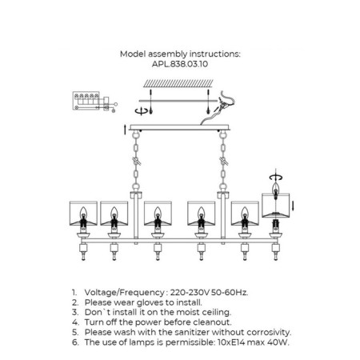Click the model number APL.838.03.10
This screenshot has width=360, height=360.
pyautogui.click(x=180, y=64)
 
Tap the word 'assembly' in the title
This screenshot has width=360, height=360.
pyautogui.click(x=168, y=54)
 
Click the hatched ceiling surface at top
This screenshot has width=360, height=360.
pyautogui.click(x=178, y=84)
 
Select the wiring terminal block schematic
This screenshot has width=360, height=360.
pyautogui.click(x=94, y=102)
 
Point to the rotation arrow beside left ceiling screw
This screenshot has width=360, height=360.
pyautogui.click(x=141, y=111)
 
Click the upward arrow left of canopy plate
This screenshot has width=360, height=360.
pyautogui.click(x=125, y=130)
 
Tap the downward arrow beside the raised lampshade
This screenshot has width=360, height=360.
pyautogui.click(x=293, y=206)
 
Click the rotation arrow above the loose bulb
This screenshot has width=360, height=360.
pyautogui.click(x=276, y=177)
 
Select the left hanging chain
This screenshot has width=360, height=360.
pyautogui.click(x=136, y=162)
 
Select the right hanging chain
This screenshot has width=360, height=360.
pyautogui.click(x=223, y=162)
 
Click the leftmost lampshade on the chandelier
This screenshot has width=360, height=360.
pyautogui.click(x=83, y=214)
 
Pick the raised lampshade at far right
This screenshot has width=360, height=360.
pyautogui.click(x=276, y=206)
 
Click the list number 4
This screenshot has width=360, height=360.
pyautogui.click(x=75, y=322)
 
